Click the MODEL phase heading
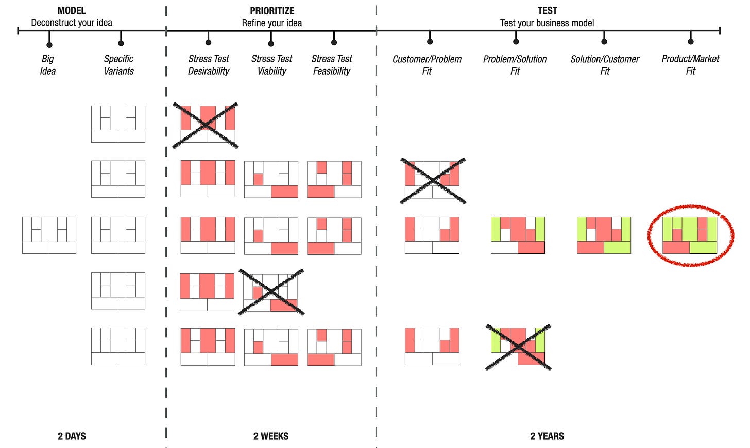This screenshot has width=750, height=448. (72, 10)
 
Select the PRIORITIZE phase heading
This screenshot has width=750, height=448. (272, 11)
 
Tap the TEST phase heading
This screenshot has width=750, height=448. (547, 10)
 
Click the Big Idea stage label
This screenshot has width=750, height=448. (48, 65)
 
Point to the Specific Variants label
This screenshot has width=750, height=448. (118, 65)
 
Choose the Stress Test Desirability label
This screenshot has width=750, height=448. (209, 65)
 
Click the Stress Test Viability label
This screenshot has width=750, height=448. (271, 65)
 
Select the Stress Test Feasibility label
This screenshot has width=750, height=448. (332, 65)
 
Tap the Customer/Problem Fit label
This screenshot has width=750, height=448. (427, 65)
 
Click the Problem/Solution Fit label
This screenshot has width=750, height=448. (515, 65)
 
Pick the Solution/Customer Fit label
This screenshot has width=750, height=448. (605, 65)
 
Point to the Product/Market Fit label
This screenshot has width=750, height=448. (690, 65)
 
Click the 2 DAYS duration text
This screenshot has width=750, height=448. (72, 436)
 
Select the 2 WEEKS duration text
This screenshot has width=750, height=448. (271, 436)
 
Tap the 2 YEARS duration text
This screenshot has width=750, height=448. (547, 436)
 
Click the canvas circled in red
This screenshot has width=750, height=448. (690, 235)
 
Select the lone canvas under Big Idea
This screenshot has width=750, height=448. (49, 235)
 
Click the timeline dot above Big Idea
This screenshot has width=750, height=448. (49, 45)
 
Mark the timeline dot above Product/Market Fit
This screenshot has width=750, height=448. (691, 41)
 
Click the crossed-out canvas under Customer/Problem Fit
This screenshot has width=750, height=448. (432, 180)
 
